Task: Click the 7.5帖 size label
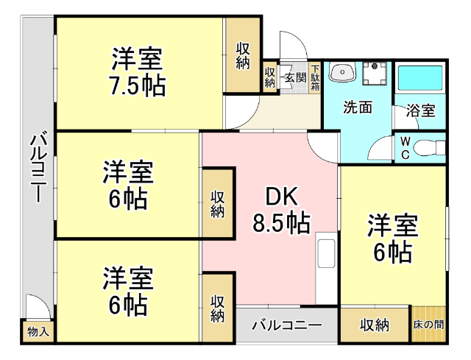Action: click(x=138, y=86)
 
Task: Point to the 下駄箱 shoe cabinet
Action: click(x=315, y=77)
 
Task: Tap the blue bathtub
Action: click(x=420, y=82)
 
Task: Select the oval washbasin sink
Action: click(x=342, y=74)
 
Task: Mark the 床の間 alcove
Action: click(x=428, y=325)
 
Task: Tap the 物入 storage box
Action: click(x=38, y=332)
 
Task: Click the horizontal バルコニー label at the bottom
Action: click(x=286, y=325)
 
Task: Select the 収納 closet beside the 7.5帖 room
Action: click(x=242, y=56)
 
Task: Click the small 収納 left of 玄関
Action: click(x=270, y=77)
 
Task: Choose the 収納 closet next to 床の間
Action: click(x=374, y=325)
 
